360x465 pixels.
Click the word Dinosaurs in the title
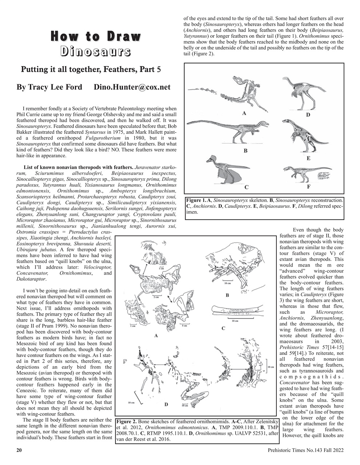pos(96,52)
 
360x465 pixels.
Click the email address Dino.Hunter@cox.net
pos(132,87)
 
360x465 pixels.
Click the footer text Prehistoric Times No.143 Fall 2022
pos(305,450)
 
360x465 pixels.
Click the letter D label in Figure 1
pos(308,115)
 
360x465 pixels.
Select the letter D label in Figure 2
pos(166,404)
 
